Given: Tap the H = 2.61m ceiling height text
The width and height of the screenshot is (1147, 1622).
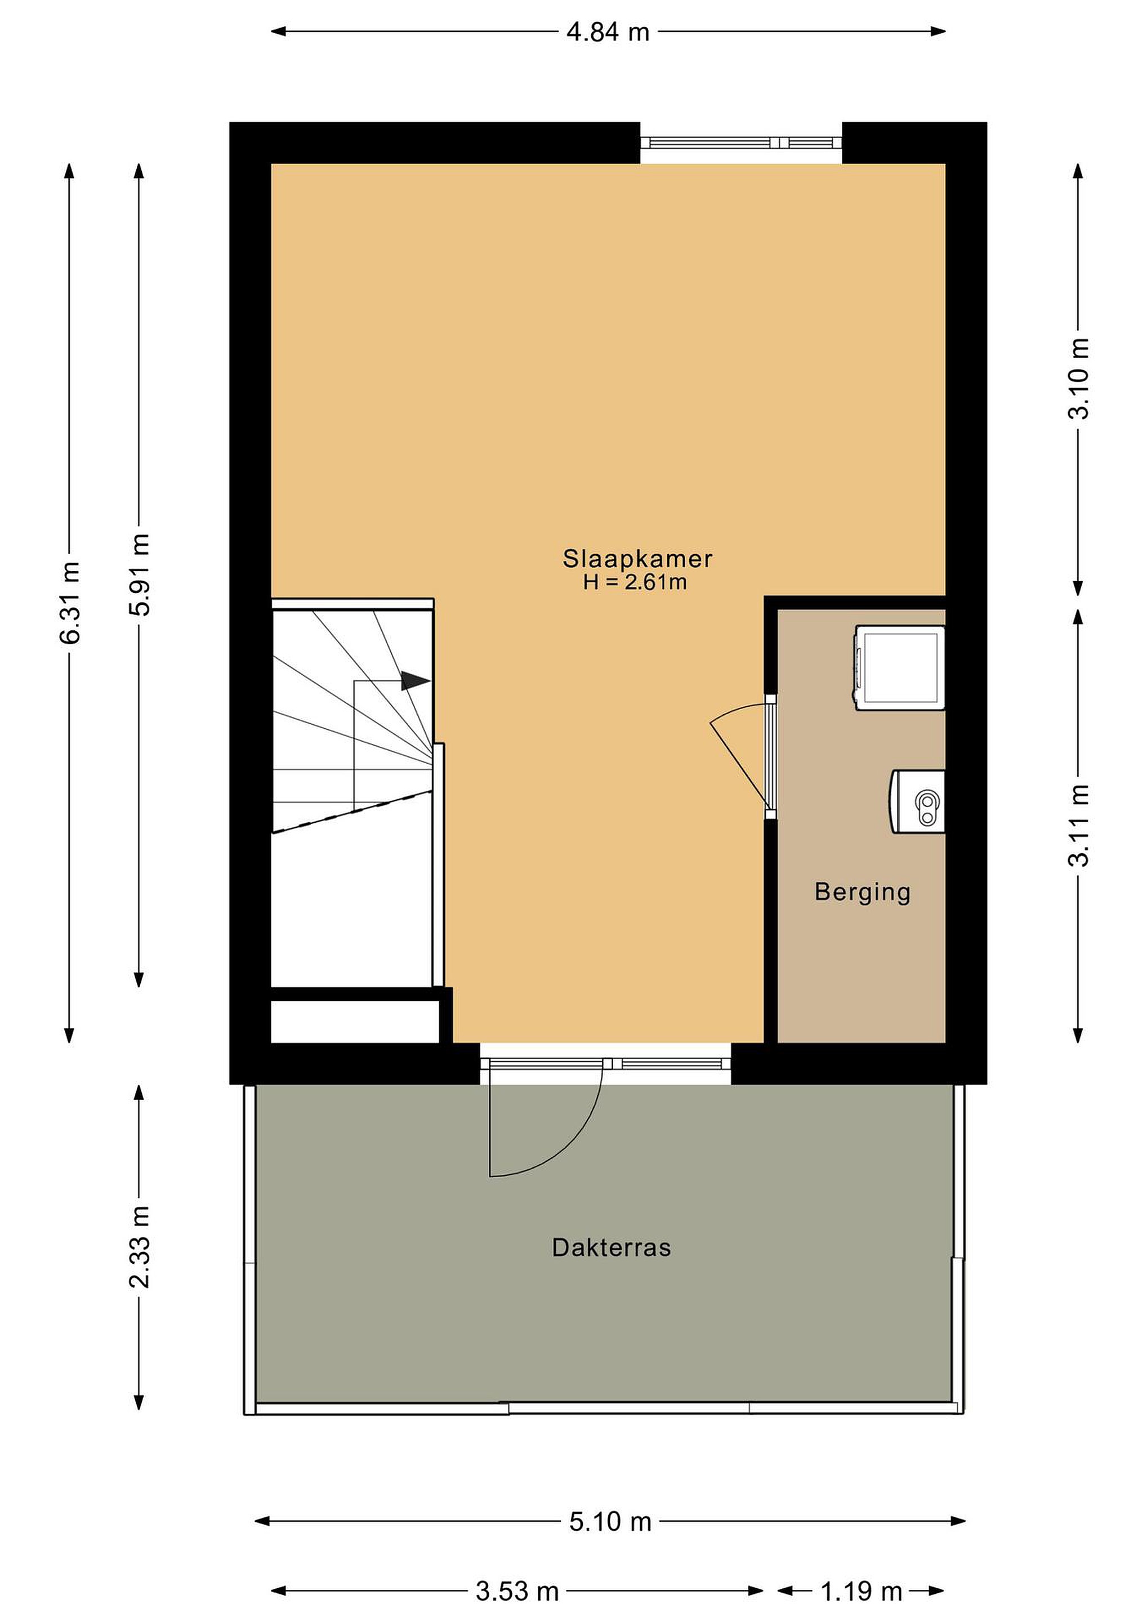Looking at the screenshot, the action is point(635,582).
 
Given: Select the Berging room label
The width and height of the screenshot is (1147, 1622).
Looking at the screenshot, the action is point(863,892).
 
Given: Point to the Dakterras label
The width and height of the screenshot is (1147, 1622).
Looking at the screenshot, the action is point(611,1247).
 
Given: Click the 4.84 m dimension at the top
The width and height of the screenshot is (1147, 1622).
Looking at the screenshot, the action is point(608,32).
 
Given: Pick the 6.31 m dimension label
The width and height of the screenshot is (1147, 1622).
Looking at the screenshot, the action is point(70,603).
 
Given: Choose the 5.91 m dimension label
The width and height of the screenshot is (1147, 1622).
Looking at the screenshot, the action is point(140,575).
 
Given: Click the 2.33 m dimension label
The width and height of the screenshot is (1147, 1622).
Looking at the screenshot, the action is point(140,1247).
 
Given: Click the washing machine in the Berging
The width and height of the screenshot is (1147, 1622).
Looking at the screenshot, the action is point(900,667).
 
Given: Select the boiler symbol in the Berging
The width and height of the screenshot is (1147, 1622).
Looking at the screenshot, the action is point(917,801).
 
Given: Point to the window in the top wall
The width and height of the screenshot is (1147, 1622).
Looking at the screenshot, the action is point(741,142).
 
